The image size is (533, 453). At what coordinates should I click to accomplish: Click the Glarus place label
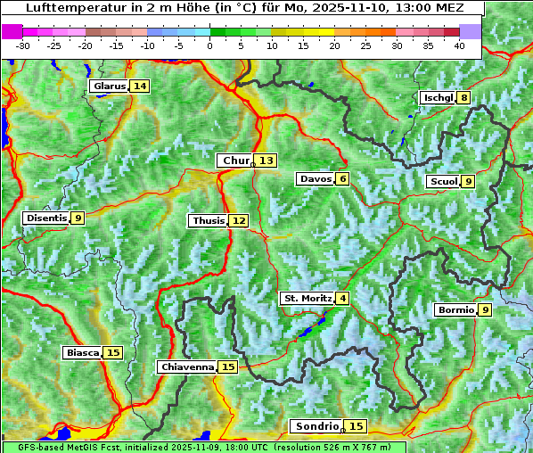click(x=108, y=86)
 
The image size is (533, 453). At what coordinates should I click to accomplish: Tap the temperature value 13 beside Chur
click(x=267, y=161)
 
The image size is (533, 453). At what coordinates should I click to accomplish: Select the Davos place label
click(x=316, y=179)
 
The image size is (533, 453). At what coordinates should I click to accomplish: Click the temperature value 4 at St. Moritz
click(x=342, y=298)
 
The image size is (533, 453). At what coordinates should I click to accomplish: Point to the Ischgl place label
click(x=438, y=97)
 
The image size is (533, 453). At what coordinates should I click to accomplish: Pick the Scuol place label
click(x=443, y=182)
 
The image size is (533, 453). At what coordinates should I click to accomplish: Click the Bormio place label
click(x=455, y=310)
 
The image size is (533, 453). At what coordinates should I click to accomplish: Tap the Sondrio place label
click(x=316, y=427)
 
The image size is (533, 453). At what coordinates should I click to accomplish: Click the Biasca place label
click(x=83, y=353)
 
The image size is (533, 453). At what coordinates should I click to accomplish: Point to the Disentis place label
click(x=46, y=218)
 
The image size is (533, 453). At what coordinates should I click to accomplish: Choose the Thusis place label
click(x=208, y=221)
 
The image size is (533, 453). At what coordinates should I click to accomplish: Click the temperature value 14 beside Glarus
click(x=139, y=86)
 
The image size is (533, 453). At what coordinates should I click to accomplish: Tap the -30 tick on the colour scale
click(x=23, y=45)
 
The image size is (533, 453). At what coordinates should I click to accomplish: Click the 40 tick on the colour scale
click(x=459, y=45)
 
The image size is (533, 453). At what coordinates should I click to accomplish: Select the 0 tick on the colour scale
click(x=209, y=45)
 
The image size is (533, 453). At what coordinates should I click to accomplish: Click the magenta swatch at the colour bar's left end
click(x=12, y=31)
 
